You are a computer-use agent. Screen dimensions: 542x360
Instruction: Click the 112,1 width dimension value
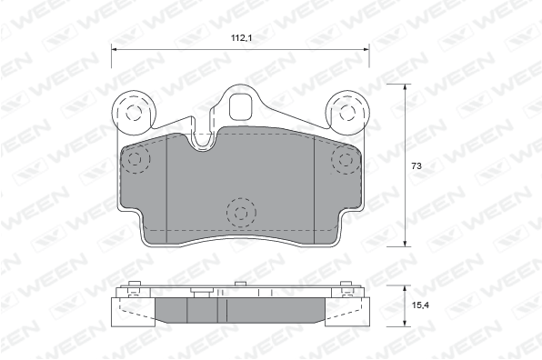click(241, 38)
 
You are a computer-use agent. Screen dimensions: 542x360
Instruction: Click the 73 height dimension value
click(417, 166)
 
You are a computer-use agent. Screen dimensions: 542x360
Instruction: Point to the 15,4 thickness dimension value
click(421, 305)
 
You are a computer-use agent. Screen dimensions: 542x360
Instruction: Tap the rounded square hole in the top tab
click(241, 106)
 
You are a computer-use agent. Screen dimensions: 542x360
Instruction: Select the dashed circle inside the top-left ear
click(134, 113)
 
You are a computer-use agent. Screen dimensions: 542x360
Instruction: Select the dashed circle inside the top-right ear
click(347, 112)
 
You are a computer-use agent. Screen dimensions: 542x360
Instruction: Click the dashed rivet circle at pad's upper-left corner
click(135, 159)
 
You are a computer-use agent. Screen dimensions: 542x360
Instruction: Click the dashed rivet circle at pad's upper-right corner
click(346, 160)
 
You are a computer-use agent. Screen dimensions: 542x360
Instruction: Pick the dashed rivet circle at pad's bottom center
click(241, 213)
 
